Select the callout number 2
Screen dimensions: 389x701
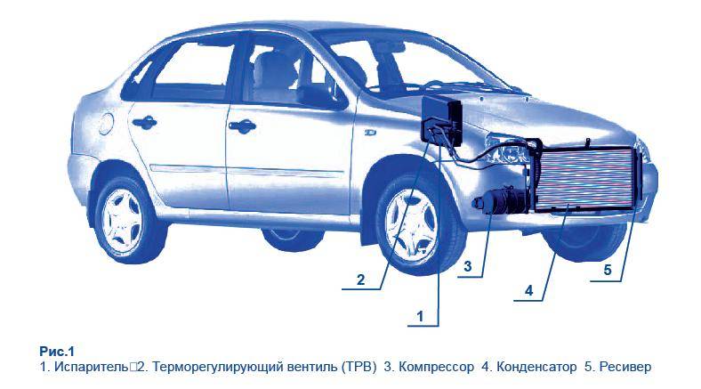pyautogui.click(x=360, y=280)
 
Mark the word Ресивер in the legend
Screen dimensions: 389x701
pyautogui.click(x=626, y=367)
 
